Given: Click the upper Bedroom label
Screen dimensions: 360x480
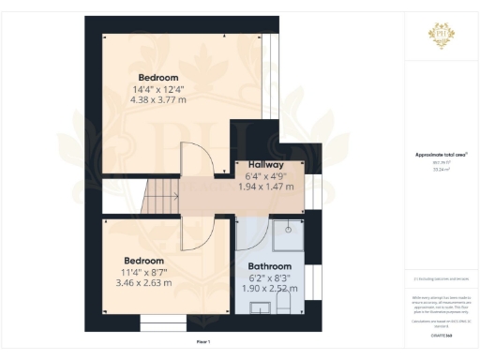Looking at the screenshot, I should coord(158,77).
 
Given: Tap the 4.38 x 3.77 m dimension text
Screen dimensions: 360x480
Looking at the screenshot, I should coord(158,98).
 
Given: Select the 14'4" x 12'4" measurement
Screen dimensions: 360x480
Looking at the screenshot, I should coord(158,88).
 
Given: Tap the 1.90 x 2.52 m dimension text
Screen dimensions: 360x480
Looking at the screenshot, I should coord(271,288).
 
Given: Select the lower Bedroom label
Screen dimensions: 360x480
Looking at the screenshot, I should coord(144,260).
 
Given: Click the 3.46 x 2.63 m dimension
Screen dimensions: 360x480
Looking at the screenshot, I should coord(144,281).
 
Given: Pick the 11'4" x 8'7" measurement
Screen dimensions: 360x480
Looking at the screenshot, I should coord(144,271).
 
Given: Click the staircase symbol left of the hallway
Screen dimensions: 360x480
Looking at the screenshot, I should coord(161,197).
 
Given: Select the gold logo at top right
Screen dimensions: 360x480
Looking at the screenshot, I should coord(440,35).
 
